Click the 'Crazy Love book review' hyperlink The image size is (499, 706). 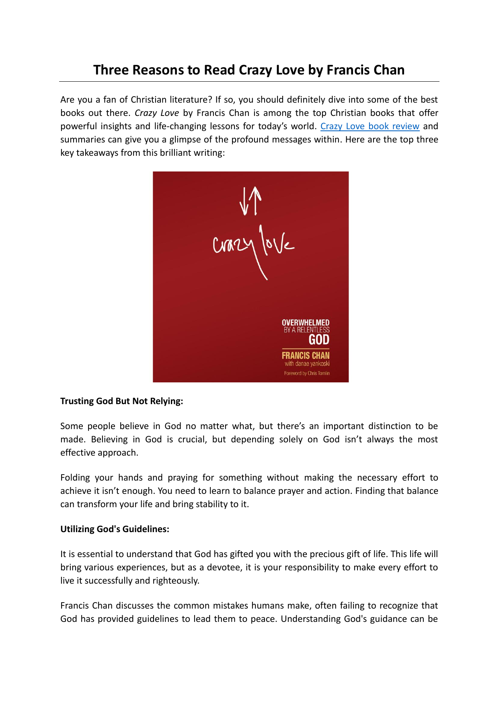[370, 126]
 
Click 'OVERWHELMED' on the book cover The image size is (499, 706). [306, 323]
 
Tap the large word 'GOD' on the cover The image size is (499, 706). [319, 340]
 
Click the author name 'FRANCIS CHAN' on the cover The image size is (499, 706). [306, 355]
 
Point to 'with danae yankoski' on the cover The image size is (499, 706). [307, 364]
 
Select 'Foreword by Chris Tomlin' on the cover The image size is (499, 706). [307, 373]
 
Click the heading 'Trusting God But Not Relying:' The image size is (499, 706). [121, 401]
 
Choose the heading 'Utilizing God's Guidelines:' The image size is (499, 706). [115, 529]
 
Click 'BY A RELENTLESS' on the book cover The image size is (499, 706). [306, 330]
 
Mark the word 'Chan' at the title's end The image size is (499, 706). [388, 70]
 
